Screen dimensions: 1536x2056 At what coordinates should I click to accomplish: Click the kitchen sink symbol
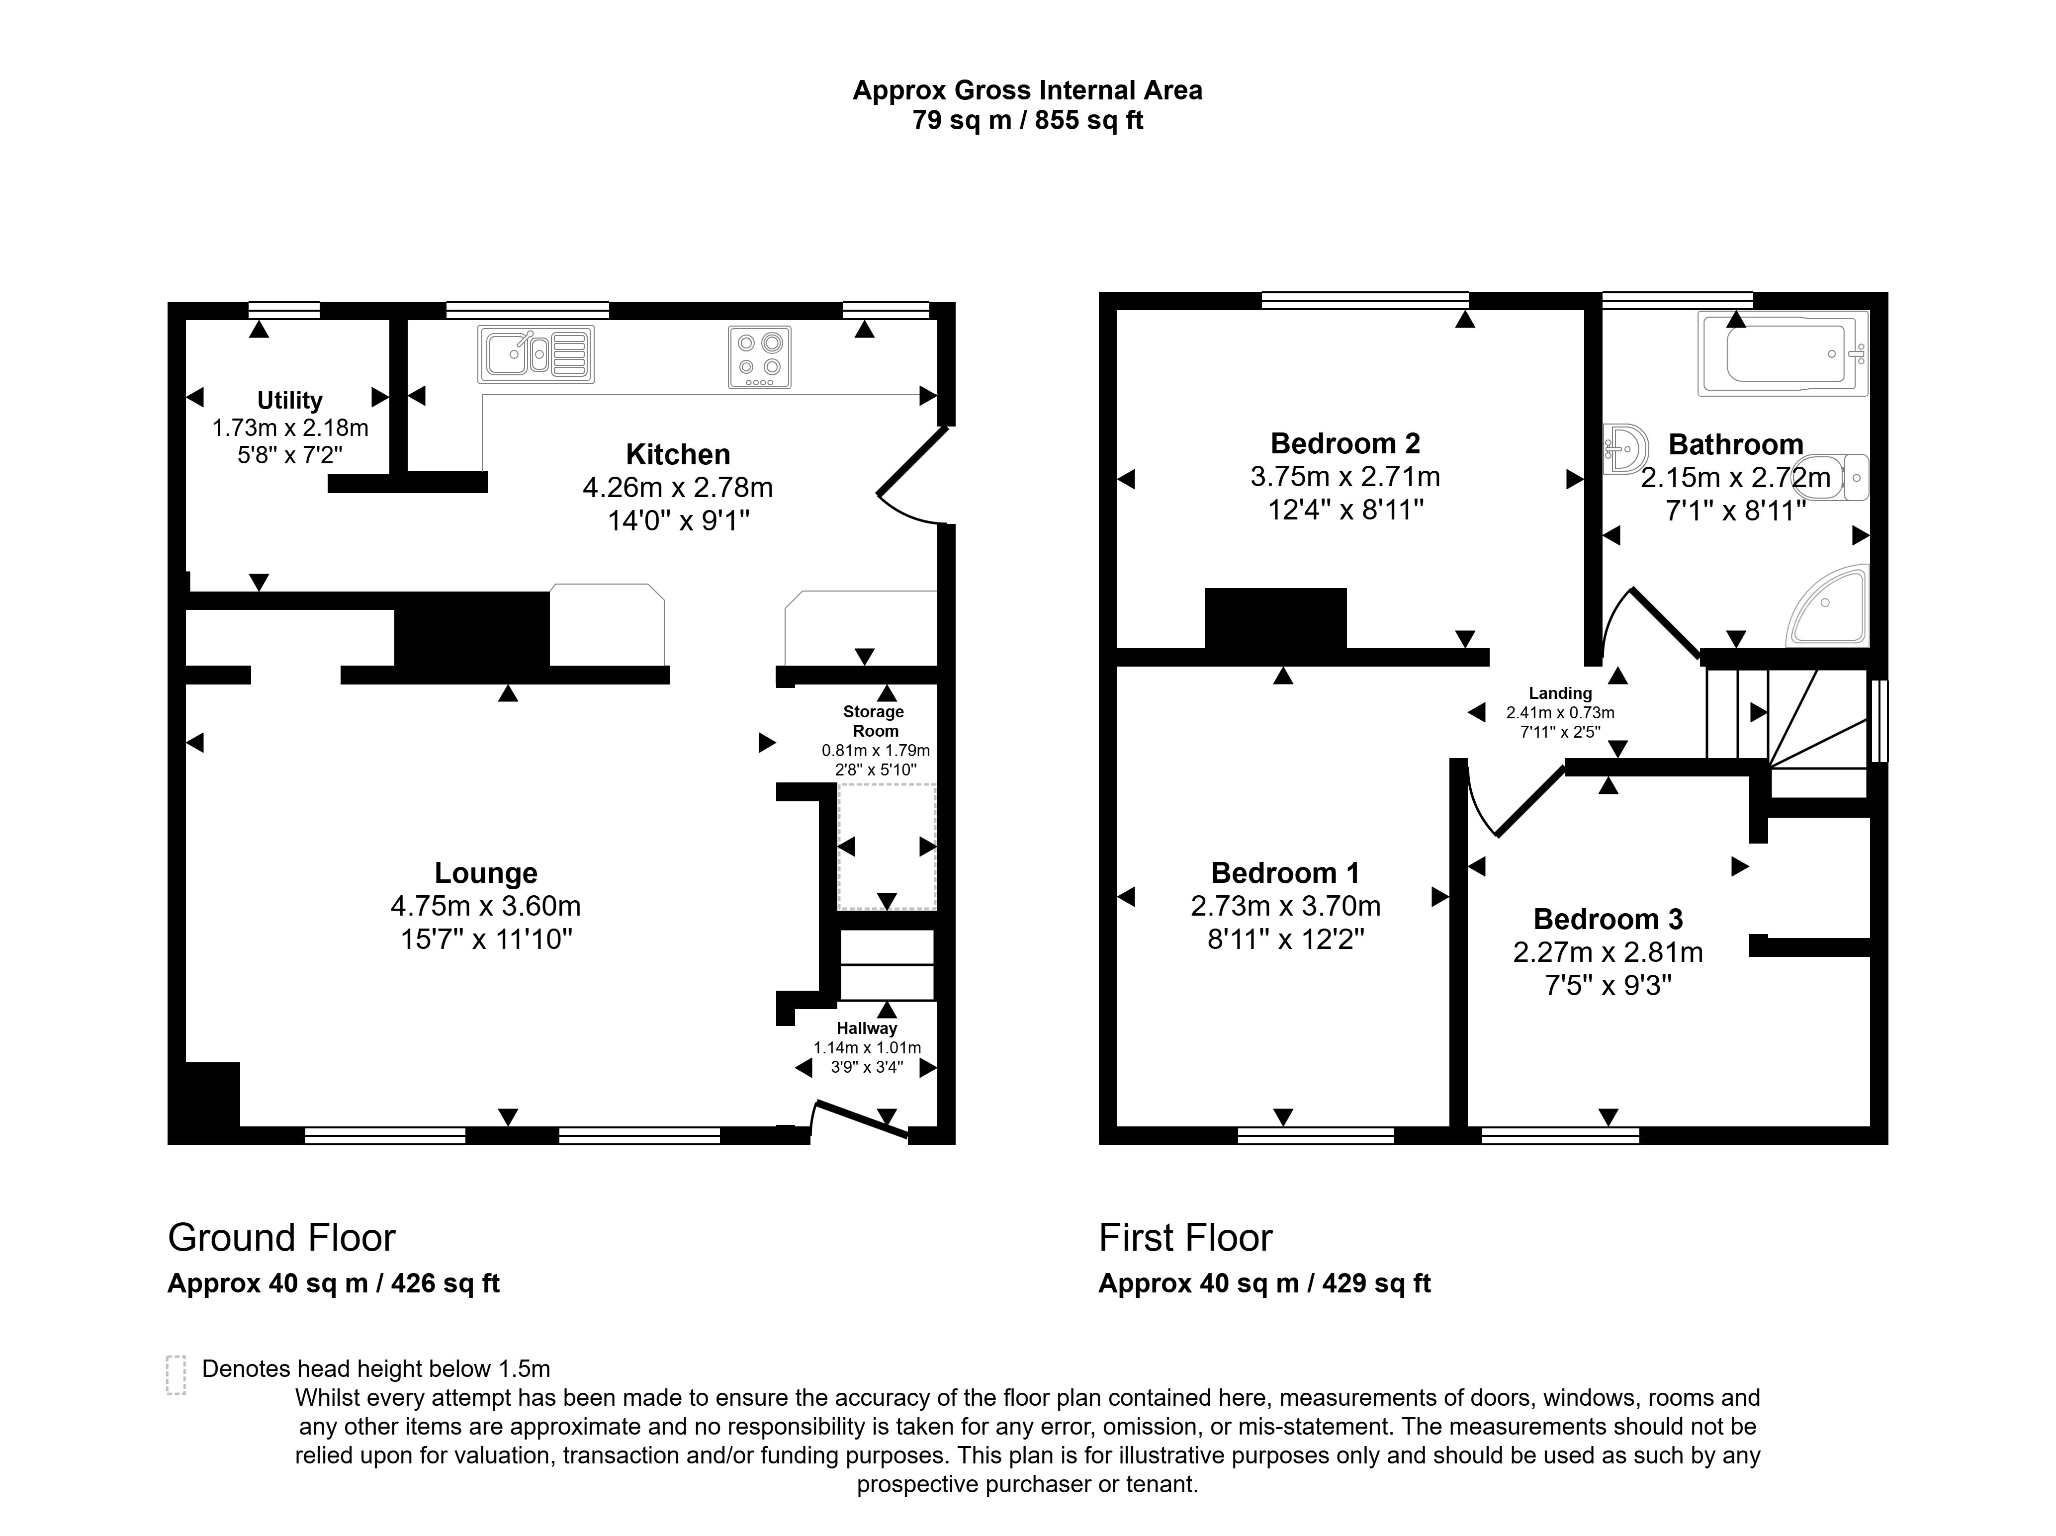pyautogui.click(x=536, y=354)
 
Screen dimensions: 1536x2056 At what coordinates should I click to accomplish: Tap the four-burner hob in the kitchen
pyautogui.click(x=759, y=357)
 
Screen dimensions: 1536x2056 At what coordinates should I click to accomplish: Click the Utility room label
pyautogui.click(x=290, y=401)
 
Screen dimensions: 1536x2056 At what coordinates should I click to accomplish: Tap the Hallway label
pyautogui.click(x=866, y=1028)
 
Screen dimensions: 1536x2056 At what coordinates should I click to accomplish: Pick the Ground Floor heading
pyautogui.click(x=281, y=1238)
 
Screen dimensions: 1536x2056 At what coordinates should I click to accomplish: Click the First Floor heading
pyautogui.click(x=1185, y=1238)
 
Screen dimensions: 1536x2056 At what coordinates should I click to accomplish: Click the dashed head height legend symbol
pyautogui.click(x=176, y=1374)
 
